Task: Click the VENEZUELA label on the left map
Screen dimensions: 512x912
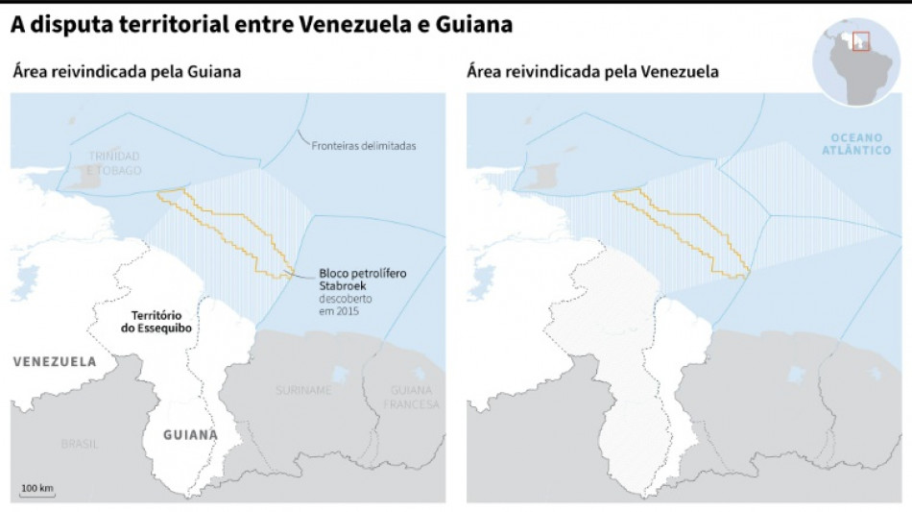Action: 55,362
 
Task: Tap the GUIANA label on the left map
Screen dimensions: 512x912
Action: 190,434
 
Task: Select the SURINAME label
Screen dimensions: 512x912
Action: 303,390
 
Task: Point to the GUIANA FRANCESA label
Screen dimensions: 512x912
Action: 410,397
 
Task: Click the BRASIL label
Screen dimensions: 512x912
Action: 80,444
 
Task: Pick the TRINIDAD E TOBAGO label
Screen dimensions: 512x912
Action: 114,162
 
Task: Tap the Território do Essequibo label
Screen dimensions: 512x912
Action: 160,323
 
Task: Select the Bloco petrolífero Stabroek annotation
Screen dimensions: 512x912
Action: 362,280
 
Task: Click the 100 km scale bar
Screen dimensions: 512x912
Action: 36,491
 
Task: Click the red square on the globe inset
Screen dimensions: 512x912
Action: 860,42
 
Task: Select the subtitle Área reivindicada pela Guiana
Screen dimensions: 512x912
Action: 126,72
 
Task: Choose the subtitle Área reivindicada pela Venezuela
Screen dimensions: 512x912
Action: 592,72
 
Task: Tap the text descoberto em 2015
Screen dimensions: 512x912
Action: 345,305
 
